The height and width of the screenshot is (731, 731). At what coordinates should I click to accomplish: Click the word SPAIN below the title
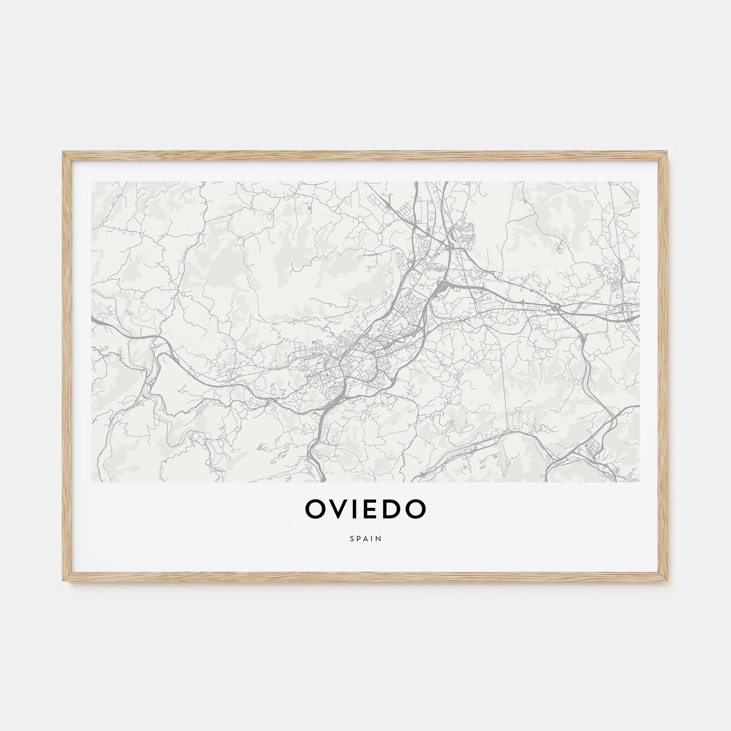point(365,538)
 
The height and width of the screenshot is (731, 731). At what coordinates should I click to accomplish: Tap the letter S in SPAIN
point(352,538)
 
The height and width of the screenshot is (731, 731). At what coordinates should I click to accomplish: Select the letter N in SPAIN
point(379,538)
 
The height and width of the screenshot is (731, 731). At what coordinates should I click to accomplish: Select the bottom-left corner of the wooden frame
point(64,580)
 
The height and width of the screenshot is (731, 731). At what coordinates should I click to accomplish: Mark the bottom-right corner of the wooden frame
point(667,580)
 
